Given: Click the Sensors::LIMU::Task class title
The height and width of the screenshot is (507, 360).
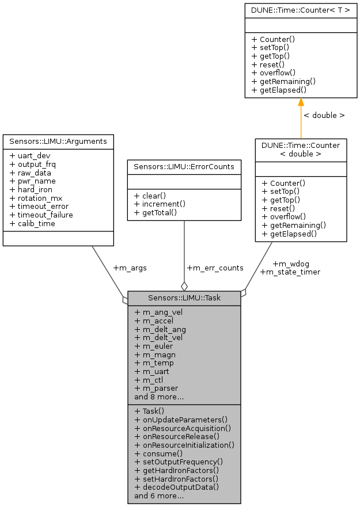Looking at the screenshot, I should click(184, 298).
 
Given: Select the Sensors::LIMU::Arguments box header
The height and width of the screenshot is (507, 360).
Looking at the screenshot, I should click(58, 141).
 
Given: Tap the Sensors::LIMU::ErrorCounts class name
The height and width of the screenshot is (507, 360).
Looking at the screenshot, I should click(184, 167).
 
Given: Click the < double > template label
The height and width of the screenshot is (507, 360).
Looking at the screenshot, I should click(324, 115).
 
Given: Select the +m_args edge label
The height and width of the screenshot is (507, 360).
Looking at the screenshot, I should click(130, 268).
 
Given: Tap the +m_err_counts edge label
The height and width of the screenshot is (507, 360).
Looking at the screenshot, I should click(215, 268).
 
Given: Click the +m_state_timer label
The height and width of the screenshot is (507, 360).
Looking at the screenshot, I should click(290, 272).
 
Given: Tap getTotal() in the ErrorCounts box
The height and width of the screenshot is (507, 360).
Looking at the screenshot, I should click(156, 212).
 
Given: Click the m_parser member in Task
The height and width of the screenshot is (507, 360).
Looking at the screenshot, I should click(157, 388).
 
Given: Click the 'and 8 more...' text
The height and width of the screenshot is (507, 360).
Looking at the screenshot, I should click(159, 397).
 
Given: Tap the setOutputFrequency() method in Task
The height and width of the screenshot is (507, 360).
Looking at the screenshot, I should click(179, 462).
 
